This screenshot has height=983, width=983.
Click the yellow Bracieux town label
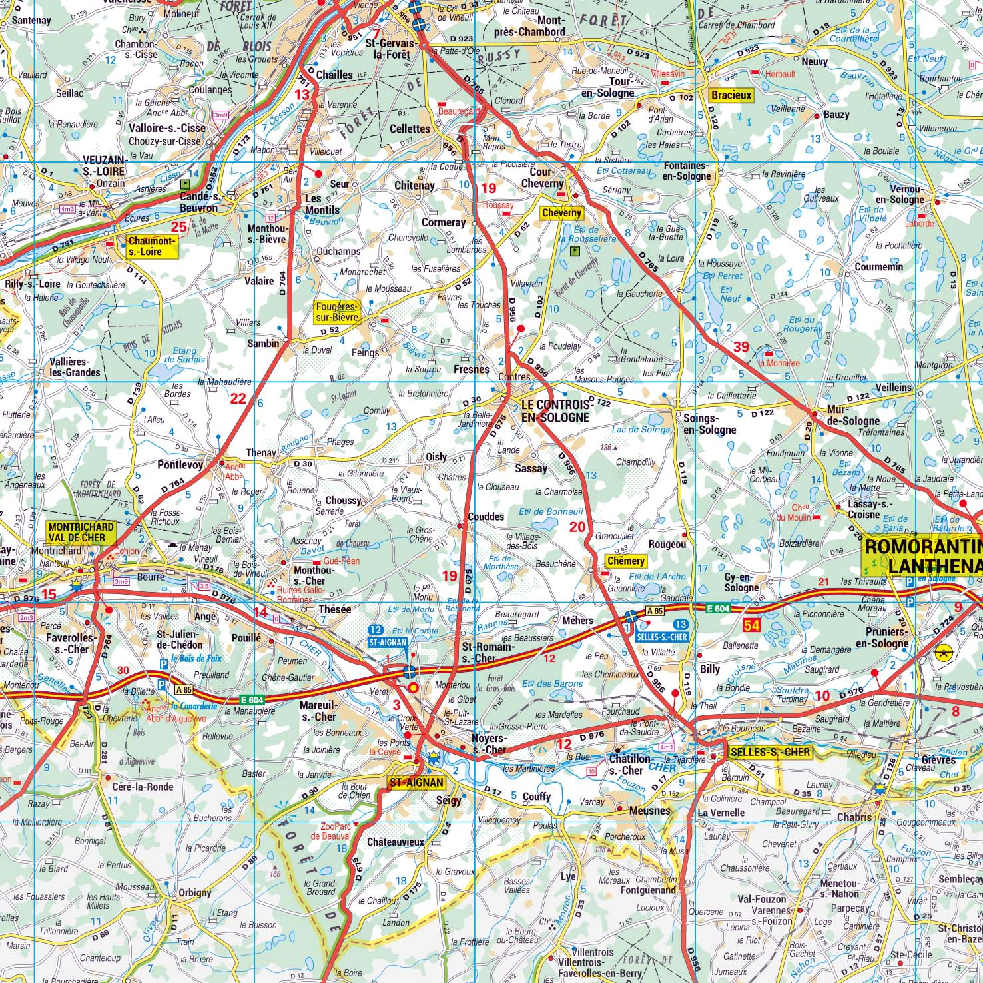[x=731, y=95]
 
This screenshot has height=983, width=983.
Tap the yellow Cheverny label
[x=561, y=213]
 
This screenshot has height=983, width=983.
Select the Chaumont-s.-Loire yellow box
[x=153, y=247]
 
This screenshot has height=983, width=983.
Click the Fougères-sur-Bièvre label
[x=336, y=312]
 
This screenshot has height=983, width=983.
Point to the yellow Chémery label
[x=625, y=561]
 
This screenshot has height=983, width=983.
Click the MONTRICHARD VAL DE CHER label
[x=81, y=531]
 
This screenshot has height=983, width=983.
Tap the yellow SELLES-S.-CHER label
[x=770, y=752]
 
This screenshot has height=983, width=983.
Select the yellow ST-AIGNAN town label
[x=416, y=782]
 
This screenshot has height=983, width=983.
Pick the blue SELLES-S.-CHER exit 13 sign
[x=663, y=629]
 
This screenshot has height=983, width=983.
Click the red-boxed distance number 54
[x=752, y=625]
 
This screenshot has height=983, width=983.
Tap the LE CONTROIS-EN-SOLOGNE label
[x=555, y=411]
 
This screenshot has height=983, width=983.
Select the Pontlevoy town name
[x=180, y=465]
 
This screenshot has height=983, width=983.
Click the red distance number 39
[x=741, y=346]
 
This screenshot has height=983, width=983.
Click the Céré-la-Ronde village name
[x=143, y=787]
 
